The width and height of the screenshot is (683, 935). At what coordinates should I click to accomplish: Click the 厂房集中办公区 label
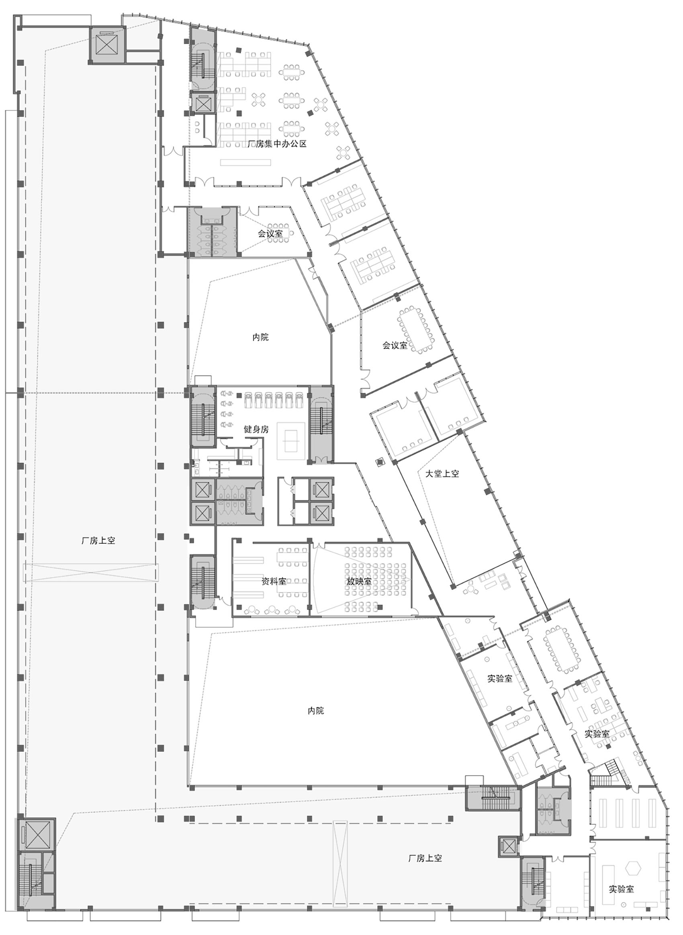pos(276,144)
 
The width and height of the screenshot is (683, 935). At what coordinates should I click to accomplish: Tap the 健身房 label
pos(256,429)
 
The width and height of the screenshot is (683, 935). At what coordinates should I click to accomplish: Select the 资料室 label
pos(274,581)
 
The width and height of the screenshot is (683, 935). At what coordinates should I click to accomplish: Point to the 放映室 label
pos(359,581)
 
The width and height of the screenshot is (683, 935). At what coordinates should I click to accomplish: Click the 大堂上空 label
pos(442,473)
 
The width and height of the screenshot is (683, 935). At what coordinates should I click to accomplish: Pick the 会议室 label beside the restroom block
pos(270,233)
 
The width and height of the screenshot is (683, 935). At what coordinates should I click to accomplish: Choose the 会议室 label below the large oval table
pos(395,345)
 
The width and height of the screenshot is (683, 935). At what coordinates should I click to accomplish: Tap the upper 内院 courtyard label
pos(260,337)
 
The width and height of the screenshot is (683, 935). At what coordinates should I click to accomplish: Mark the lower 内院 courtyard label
pos(316,710)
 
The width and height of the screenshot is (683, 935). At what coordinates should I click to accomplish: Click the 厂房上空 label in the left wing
pos(98,540)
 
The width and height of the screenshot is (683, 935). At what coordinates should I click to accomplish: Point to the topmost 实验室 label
pos(500,679)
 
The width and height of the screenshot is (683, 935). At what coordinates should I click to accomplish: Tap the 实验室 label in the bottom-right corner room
pos(621,889)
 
